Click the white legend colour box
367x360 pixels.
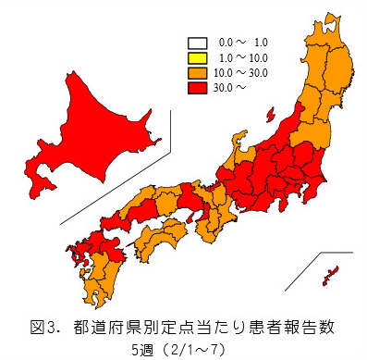(197, 43)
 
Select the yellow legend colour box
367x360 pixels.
(197, 56)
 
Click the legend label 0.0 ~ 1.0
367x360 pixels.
(241, 43)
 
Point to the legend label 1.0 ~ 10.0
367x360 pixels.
(241, 56)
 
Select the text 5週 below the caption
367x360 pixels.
(144, 349)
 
